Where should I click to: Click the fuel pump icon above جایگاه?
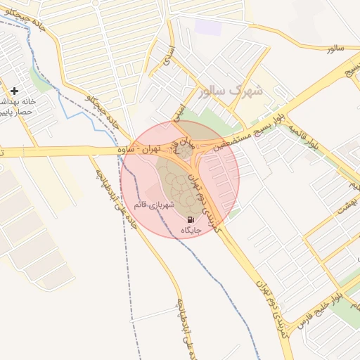click(x=191, y=219)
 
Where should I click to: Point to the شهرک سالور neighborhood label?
click(x=231, y=91)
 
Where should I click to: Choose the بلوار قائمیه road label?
click(x=321, y=134)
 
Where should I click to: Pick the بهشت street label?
click(x=344, y=205)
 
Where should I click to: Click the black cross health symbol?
click(x=15, y=91)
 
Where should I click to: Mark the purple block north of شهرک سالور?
click(x=208, y=27)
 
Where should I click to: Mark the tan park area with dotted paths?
click(x=176, y=186)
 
